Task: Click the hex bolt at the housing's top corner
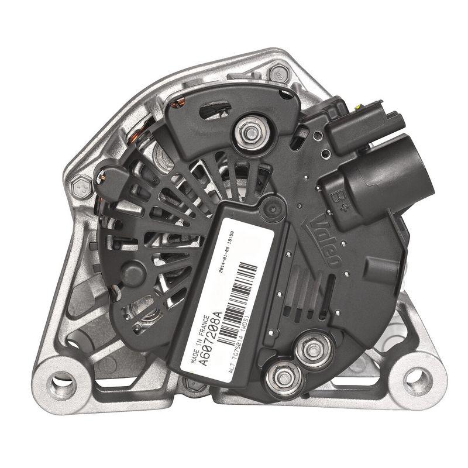(x=280, y=73)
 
